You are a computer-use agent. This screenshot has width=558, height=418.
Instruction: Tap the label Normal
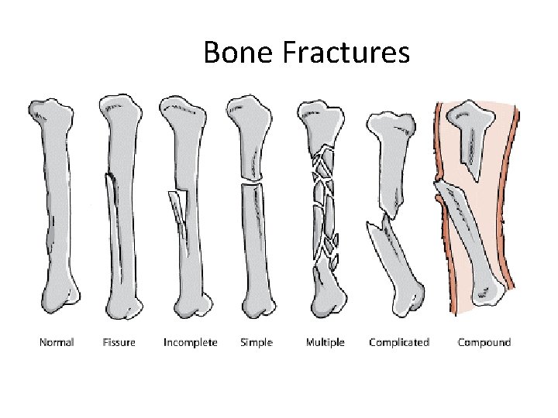point(57,342)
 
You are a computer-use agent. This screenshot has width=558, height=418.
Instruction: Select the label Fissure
point(119,342)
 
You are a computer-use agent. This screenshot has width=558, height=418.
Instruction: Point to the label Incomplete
point(190,342)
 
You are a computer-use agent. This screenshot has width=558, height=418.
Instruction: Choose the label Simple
point(257,342)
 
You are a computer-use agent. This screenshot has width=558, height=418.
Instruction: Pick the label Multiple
point(325,342)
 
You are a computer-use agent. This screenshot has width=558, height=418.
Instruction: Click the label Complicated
point(399,342)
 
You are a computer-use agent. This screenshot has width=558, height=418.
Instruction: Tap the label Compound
point(484,342)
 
